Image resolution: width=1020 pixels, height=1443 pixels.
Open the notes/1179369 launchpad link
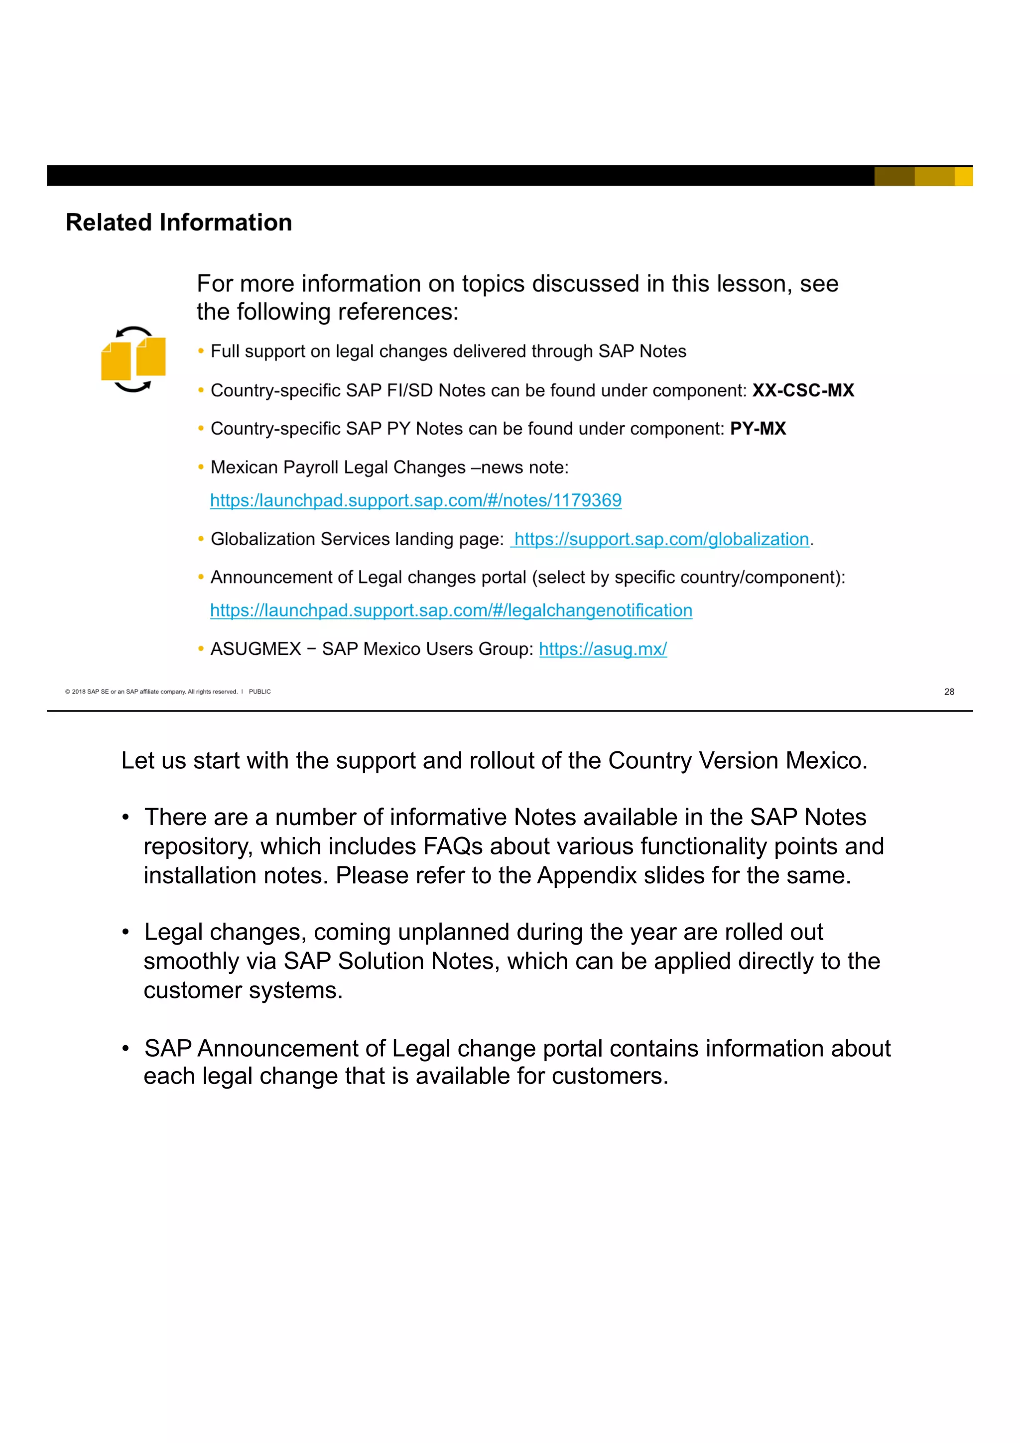pyautogui.click(x=415, y=500)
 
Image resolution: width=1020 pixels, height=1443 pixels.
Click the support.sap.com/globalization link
pyautogui.click(x=661, y=539)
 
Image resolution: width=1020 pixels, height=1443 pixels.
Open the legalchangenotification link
pyautogui.click(x=451, y=610)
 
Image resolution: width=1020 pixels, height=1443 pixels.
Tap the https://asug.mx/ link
pyautogui.click(x=602, y=649)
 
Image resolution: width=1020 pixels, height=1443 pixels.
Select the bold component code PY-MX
pyautogui.click(x=758, y=429)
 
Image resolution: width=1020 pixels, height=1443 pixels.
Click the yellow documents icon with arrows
pyautogui.click(x=133, y=360)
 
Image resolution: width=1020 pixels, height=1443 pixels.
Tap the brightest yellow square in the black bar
pyautogui.click(x=963, y=176)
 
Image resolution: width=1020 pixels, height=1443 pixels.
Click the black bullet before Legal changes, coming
pyautogui.click(x=126, y=932)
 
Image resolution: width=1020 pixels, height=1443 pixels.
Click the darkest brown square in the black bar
pyautogui.click(x=893, y=176)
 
